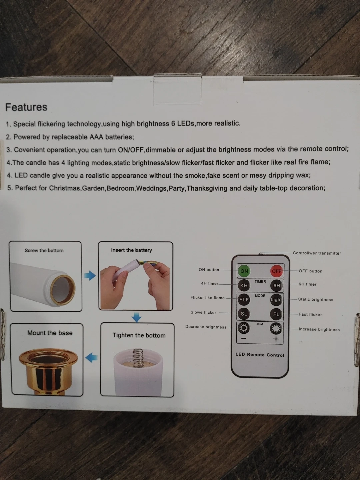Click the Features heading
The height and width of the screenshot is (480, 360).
point(26,107)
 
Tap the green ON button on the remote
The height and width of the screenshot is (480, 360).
point(244,271)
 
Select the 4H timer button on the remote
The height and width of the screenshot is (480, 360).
point(244,285)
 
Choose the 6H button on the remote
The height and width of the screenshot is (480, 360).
point(277,286)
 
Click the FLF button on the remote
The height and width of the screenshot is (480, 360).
point(244,300)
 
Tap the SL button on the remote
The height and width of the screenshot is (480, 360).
point(244,314)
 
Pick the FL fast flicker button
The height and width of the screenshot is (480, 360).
point(276,314)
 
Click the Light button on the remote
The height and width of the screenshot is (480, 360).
point(276,300)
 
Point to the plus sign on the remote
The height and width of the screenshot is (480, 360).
point(276,339)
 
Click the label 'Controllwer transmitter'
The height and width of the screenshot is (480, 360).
point(317,253)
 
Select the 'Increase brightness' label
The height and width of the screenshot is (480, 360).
point(319,329)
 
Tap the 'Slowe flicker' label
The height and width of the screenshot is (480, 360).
point(203,312)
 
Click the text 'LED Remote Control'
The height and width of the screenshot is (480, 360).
point(260,355)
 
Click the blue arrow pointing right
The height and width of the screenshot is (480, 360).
point(90,276)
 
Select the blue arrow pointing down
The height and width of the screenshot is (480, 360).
point(137,317)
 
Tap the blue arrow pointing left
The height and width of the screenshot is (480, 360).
point(91,358)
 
